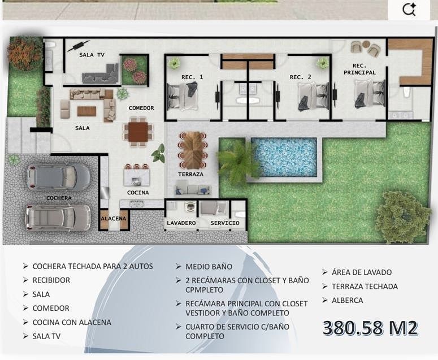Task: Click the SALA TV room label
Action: tap(92, 55)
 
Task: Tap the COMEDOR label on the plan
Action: tap(141, 108)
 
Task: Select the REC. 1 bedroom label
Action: tap(192, 77)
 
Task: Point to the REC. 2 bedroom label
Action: tap(300, 77)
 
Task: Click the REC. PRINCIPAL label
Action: tap(359, 69)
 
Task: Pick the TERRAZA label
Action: tap(191, 174)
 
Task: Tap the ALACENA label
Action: tap(114, 218)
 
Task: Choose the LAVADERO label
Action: tap(181, 223)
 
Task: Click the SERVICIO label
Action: tap(225, 223)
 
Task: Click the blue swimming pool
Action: tap(284, 157)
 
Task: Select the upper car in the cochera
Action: tap(58, 177)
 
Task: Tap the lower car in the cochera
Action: tap(58, 218)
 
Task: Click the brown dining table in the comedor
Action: tap(138, 132)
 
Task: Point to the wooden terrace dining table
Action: tap(193, 150)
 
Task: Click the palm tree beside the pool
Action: tap(238, 162)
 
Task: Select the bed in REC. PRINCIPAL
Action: tap(370, 94)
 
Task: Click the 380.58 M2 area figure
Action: tap(370, 328)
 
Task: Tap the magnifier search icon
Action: tap(409, 10)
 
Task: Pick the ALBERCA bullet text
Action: tap(348, 300)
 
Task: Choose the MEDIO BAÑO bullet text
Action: tap(209, 266)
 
